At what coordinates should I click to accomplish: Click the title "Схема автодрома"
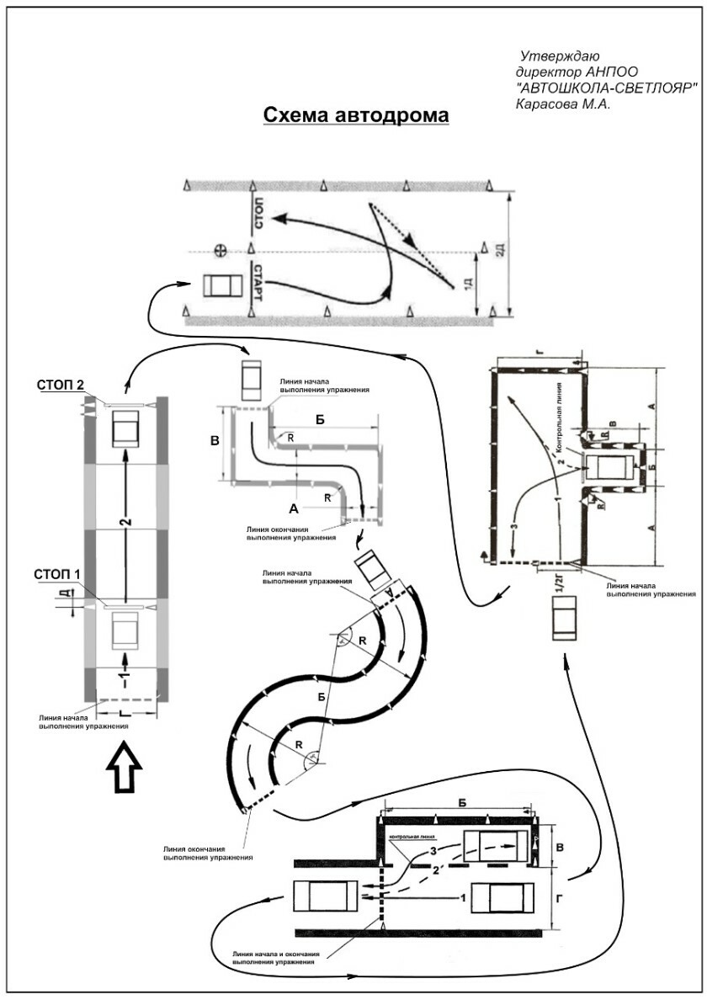(357, 115)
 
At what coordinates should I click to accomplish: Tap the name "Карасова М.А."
(561, 104)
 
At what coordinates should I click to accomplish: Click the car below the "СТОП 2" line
(125, 428)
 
